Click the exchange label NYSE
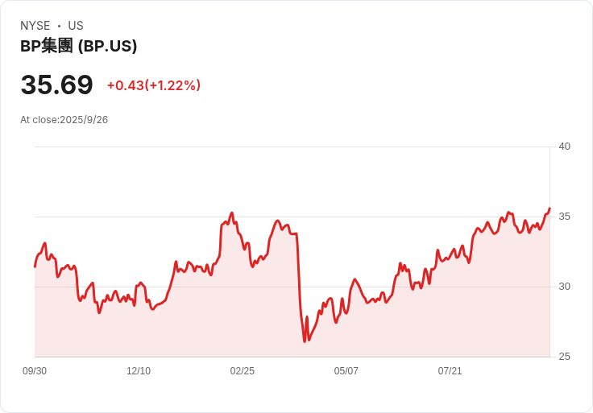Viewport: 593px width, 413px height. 35,26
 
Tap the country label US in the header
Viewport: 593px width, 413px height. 76,26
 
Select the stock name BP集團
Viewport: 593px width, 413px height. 47,46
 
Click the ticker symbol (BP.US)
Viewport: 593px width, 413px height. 107,46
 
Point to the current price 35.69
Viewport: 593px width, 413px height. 56,85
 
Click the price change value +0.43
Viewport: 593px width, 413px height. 125,85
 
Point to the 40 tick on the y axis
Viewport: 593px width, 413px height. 564,147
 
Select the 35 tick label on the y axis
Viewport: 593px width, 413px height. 564,217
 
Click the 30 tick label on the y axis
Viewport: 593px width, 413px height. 564,287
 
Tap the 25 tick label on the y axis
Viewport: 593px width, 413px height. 564,357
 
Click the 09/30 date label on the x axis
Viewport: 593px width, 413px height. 35,371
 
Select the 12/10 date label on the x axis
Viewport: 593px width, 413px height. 139,371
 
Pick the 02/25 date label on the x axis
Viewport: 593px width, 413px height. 243,371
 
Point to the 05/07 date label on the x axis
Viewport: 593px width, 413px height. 346,371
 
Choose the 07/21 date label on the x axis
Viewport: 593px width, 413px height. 450,371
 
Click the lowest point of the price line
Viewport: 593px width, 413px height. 305,341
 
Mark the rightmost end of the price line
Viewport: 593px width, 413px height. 549,209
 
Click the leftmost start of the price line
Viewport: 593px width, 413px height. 35,266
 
